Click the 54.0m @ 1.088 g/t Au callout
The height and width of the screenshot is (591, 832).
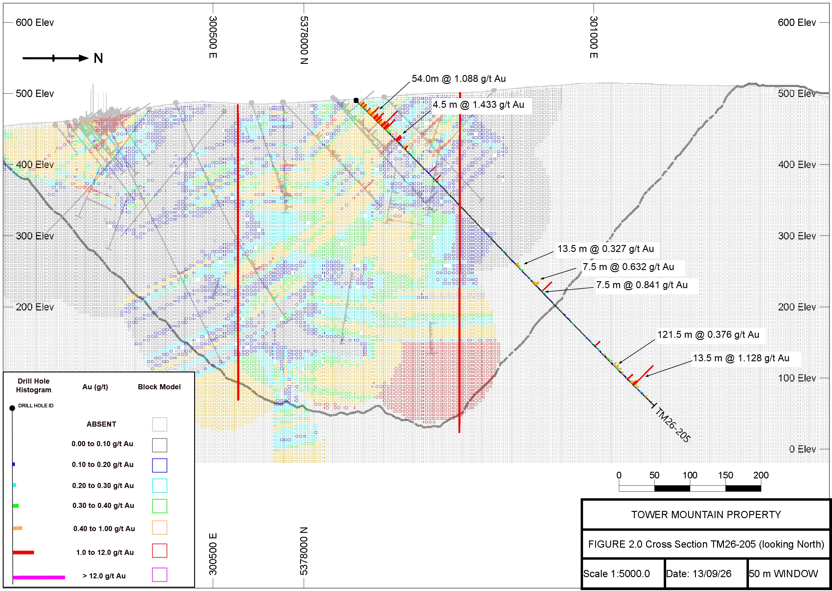point(458,79)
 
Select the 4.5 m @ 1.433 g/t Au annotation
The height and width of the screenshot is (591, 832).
point(478,104)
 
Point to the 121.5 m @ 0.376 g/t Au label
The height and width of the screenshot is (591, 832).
point(708,334)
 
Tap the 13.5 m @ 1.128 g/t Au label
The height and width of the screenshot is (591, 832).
point(741,358)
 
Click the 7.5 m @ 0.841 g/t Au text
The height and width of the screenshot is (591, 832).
point(642,285)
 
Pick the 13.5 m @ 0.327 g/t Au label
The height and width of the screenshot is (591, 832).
point(606,249)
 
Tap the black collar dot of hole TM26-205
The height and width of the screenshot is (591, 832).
point(356,101)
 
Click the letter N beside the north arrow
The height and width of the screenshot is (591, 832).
point(98,58)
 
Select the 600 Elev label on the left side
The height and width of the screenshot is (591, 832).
point(35,23)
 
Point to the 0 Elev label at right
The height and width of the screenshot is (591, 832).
point(802,449)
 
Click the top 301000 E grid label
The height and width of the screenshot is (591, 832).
point(593,37)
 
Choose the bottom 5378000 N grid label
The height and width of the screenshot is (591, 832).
point(304,551)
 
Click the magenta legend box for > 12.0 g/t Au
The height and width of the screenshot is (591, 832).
point(159,575)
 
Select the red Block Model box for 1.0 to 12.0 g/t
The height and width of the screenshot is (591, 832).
point(159,551)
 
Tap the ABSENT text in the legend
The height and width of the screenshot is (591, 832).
point(101,424)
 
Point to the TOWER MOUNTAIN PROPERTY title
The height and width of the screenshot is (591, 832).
point(706,515)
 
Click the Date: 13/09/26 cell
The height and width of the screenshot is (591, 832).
point(698,574)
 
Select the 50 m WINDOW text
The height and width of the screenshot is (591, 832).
point(783,574)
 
